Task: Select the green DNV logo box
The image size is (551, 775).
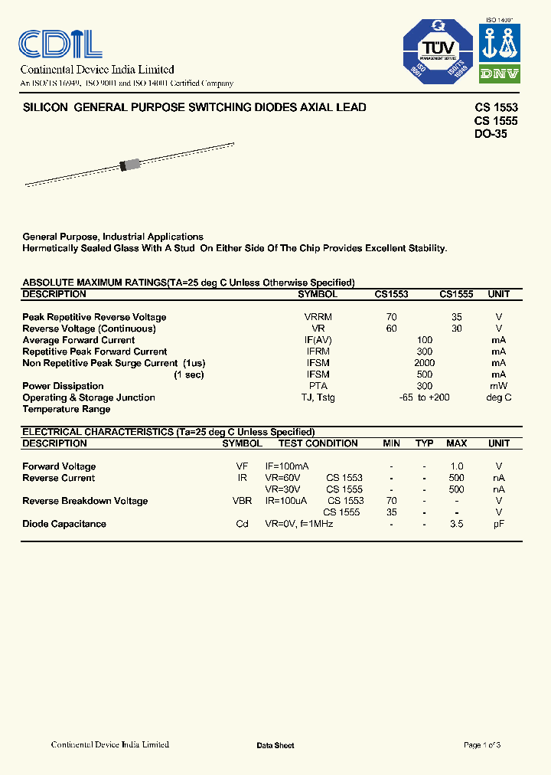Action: tap(500, 74)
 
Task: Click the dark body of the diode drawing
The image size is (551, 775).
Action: tap(129, 165)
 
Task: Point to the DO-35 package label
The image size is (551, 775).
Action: tap(491, 134)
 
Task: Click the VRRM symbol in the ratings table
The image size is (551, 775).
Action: tap(318, 317)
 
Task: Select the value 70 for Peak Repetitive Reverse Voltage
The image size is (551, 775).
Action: tap(391, 317)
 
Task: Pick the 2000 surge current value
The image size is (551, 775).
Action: tap(424, 363)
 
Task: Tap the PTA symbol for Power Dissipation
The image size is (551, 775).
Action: tap(318, 386)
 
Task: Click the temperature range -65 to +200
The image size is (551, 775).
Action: tap(424, 397)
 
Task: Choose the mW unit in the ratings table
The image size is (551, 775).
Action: tap(498, 386)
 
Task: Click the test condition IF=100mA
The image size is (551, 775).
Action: tap(287, 466)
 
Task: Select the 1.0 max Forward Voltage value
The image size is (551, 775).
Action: tap(456, 466)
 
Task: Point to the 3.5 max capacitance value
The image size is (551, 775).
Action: tap(456, 524)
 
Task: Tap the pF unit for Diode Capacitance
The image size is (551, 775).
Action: tap(498, 524)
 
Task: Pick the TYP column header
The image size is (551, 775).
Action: tap(424, 443)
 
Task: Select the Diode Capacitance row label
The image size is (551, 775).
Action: tap(64, 524)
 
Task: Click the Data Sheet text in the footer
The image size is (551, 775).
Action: tap(275, 745)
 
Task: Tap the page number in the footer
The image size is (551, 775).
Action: tap(482, 744)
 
